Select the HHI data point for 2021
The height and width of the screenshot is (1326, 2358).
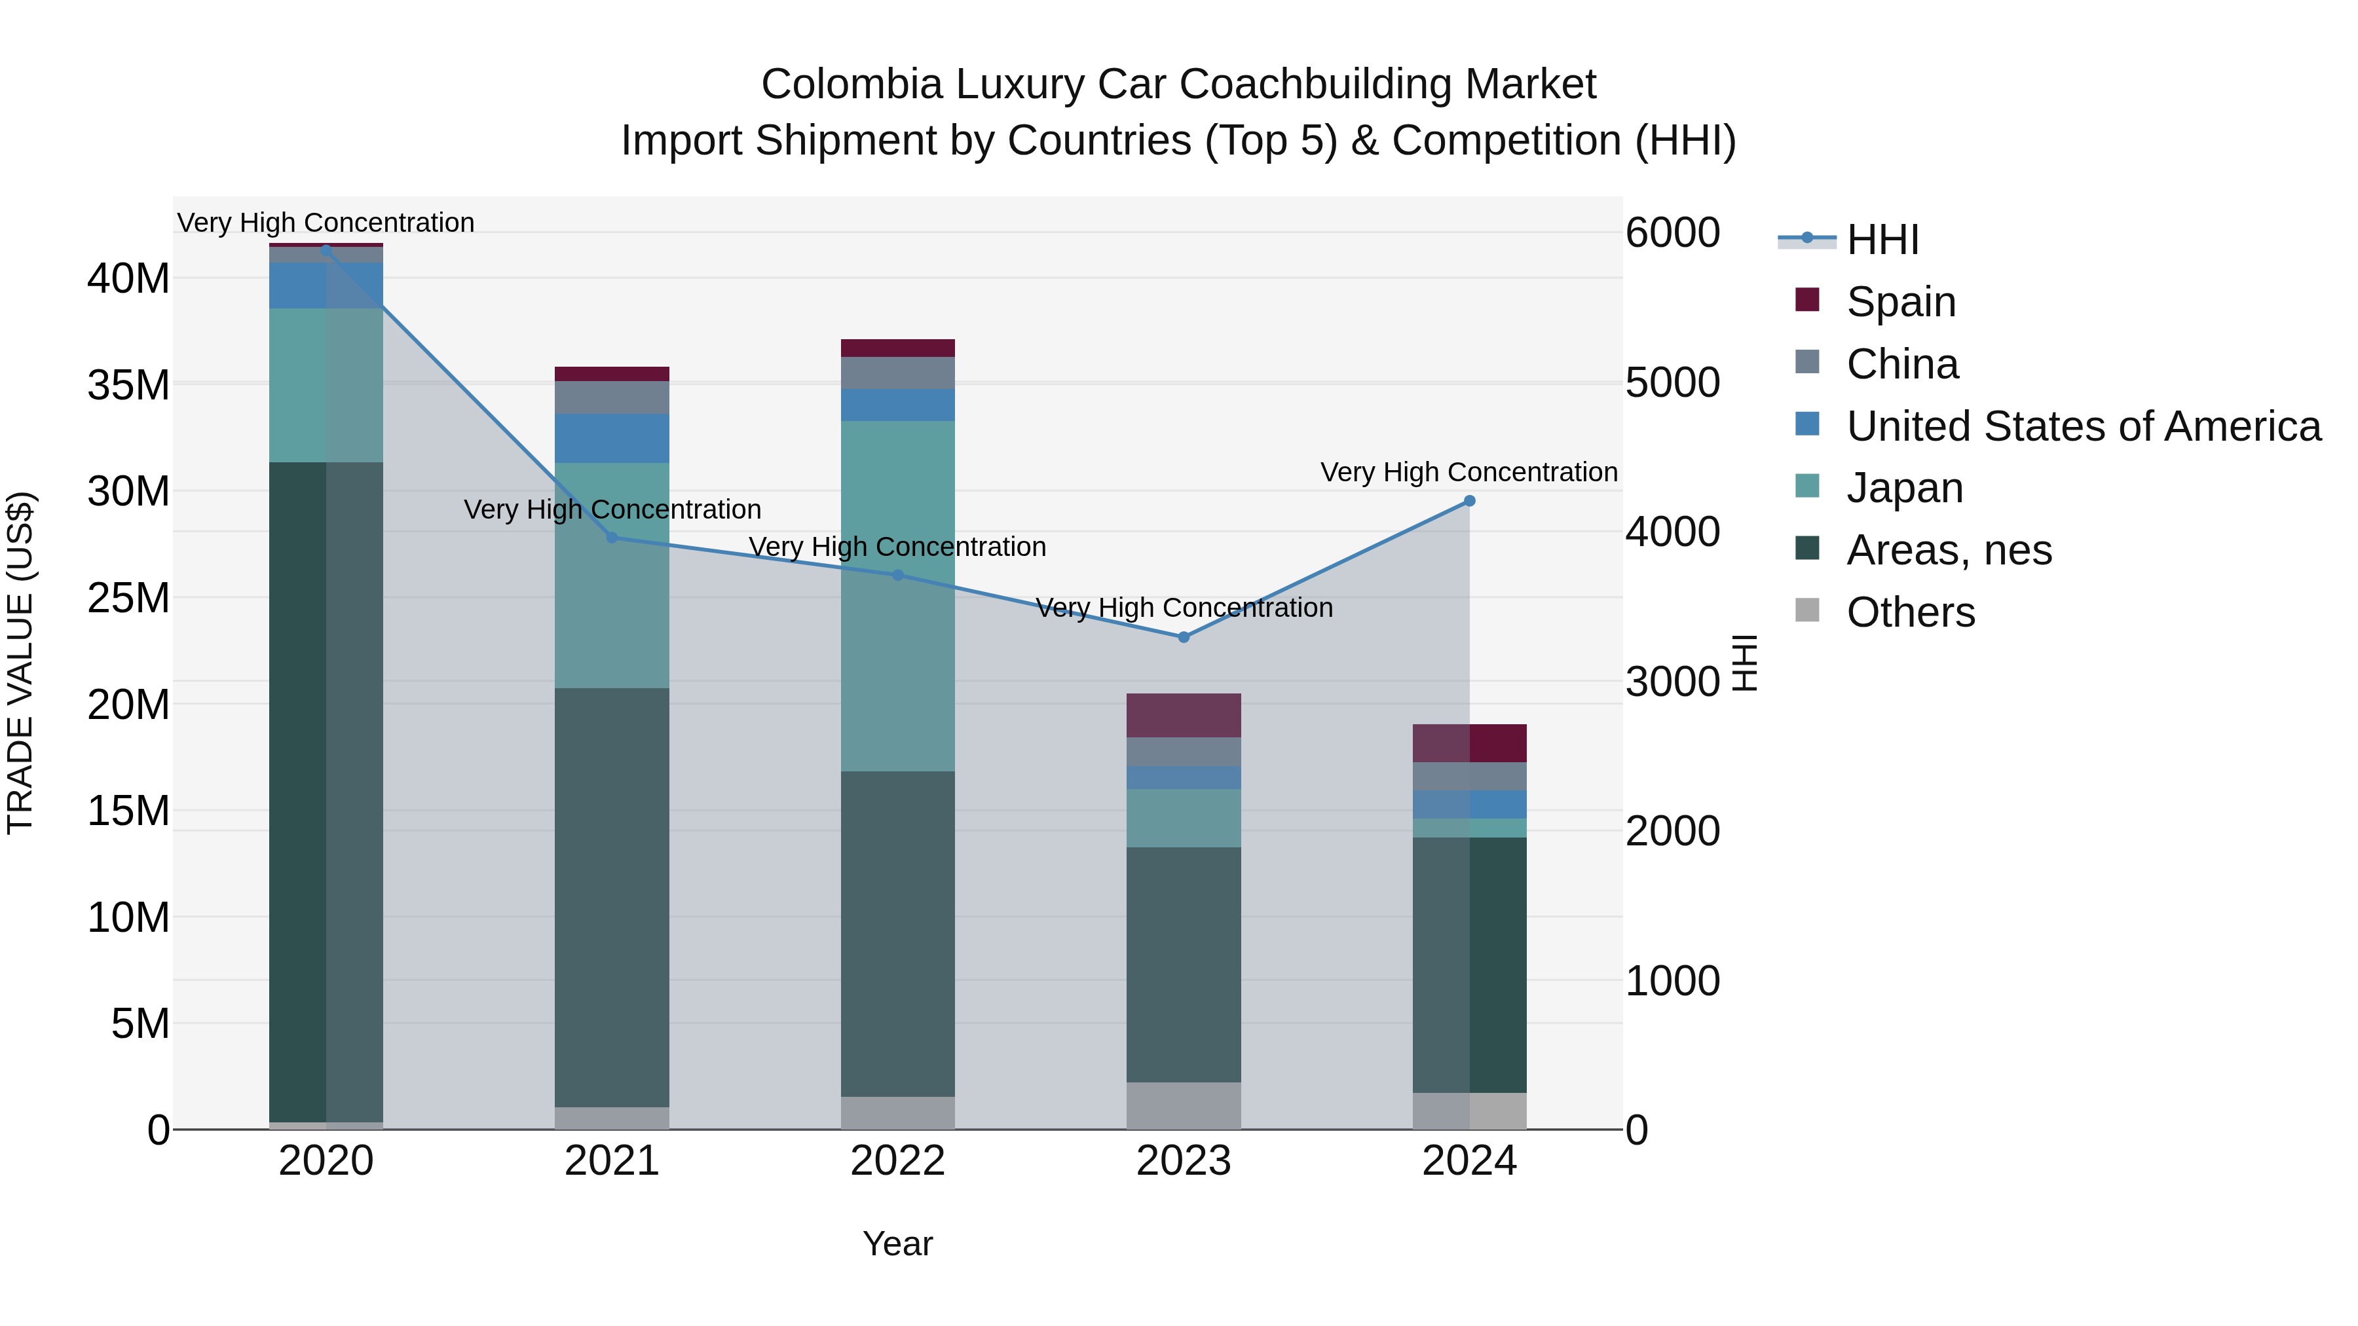coord(612,537)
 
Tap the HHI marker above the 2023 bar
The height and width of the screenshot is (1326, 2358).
coord(1184,637)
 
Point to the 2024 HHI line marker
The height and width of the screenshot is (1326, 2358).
coord(1469,500)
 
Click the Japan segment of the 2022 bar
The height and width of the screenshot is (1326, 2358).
coord(897,595)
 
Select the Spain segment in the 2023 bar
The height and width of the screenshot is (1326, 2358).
coord(1184,714)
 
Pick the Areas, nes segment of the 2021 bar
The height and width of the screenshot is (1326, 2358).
coord(612,897)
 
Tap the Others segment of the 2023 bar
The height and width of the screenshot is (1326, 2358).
coord(1184,1105)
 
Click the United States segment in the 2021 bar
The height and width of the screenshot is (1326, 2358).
coord(612,437)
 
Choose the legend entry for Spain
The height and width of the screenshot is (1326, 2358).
coord(1900,302)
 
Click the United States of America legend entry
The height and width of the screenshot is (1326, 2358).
coord(2082,426)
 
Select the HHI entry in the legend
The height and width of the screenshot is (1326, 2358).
coord(1882,240)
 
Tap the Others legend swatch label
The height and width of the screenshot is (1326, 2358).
coord(1911,612)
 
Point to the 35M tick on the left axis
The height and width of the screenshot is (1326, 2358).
coord(128,385)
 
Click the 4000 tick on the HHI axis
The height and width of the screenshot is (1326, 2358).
coord(1672,532)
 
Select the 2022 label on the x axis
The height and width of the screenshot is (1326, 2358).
coord(897,1161)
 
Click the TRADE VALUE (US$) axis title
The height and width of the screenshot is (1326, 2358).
coord(20,663)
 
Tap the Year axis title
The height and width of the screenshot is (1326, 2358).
coord(897,1243)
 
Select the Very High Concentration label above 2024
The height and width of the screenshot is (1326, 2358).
coord(1469,472)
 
